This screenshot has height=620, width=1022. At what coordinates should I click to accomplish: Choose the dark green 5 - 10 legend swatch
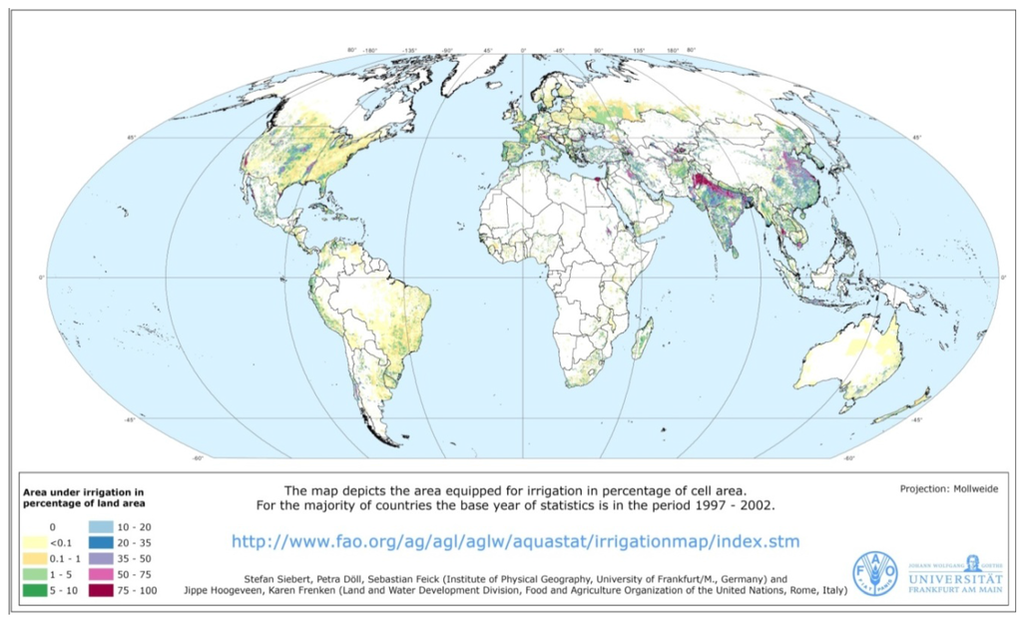click(35, 591)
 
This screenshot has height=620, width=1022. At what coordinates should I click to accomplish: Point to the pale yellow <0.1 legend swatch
click(35, 541)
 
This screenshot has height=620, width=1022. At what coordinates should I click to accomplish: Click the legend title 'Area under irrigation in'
click(83, 491)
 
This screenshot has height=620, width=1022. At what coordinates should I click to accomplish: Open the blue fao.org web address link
click(515, 541)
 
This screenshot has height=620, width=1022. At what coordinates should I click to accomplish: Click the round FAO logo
click(874, 574)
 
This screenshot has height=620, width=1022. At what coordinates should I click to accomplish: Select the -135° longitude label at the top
click(409, 50)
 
